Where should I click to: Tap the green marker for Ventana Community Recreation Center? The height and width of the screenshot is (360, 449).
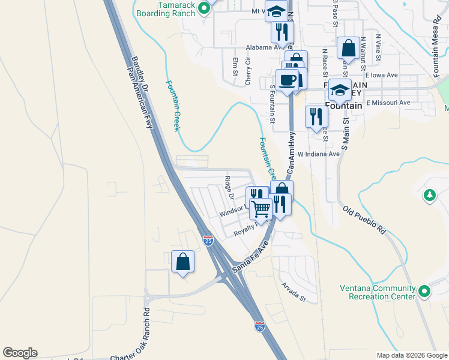(425, 292)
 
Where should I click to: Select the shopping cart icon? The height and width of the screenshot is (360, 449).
(261, 209)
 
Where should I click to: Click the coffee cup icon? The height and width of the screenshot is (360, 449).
(286, 80)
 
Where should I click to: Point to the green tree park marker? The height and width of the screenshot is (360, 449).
(429, 195)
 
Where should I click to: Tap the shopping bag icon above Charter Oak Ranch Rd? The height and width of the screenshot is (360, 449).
(183, 262)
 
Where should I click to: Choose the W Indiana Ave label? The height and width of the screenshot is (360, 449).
(318, 154)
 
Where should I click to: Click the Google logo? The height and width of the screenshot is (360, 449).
(20, 353)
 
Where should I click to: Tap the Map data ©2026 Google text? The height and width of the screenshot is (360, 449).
(411, 355)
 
